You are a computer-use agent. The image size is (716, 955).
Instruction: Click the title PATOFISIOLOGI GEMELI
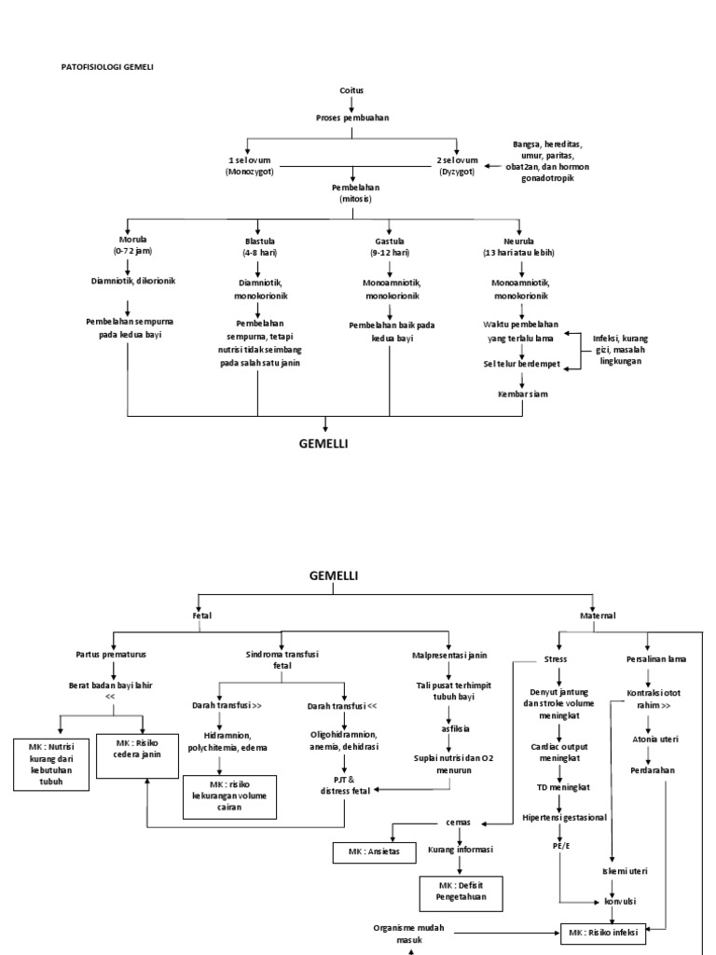pos(107,67)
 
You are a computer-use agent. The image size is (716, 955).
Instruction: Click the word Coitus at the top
pos(351,90)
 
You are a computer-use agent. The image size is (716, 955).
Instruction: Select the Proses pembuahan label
pos(351,118)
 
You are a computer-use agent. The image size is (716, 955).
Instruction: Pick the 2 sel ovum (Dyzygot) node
pos(457,166)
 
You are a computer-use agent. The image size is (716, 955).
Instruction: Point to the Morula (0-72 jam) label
pos(127,245)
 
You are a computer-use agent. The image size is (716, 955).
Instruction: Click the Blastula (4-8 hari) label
pos(258,245)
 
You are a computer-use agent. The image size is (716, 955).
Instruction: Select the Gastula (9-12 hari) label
pos(387,245)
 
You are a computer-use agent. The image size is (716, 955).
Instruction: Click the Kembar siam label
pos(522,394)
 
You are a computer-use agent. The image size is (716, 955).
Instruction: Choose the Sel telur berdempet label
pos(522,365)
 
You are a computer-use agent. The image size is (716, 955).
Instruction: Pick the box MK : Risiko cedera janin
pos(143,748)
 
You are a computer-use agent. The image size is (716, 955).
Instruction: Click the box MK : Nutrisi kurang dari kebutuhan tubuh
pos(51,763)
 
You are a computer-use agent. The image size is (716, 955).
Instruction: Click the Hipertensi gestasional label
pos(564,817)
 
